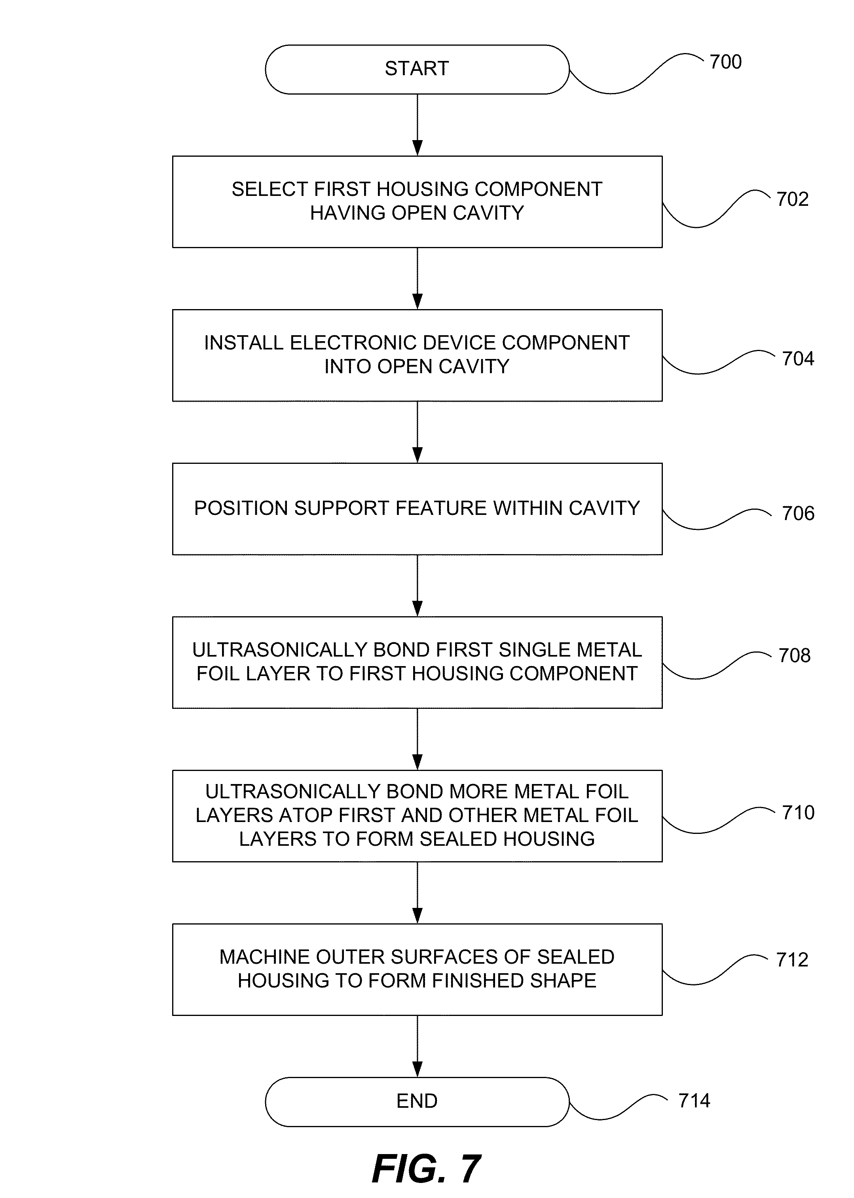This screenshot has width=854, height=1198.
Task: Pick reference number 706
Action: pyautogui.click(x=798, y=513)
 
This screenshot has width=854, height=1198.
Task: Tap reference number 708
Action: pyautogui.click(x=794, y=656)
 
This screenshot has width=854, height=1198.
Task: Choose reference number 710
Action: pyautogui.click(x=798, y=813)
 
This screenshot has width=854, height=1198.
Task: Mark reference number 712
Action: pyautogui.click(x=792, y=960)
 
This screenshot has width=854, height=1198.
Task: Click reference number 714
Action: pyautogui.click(x=694, y=1100)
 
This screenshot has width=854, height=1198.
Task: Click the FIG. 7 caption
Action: pyautogui.click(x=426, y=1169)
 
